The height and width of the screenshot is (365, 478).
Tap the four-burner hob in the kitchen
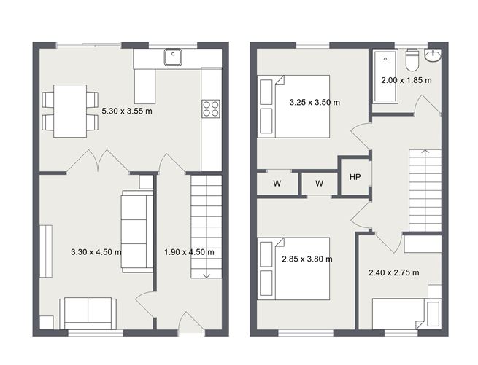211,109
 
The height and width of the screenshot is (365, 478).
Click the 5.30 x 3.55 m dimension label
127,111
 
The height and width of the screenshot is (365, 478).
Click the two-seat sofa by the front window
88,313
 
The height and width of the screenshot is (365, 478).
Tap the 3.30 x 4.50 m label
96,252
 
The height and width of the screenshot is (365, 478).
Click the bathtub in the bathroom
385,78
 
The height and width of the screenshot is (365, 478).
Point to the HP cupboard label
355,177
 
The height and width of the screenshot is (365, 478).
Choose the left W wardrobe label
277,183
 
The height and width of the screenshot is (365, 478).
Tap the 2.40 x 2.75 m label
393,273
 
